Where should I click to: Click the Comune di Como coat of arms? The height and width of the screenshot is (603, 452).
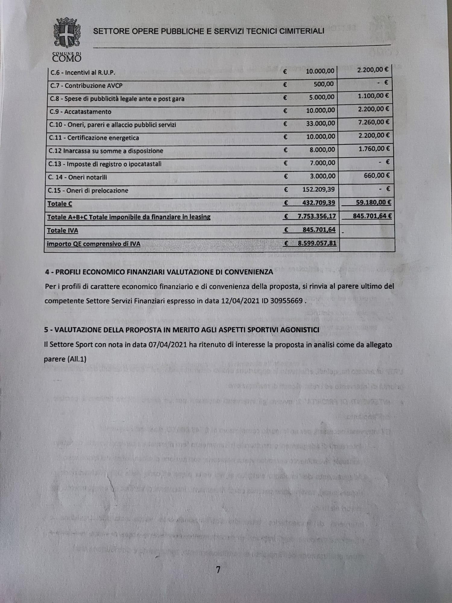[67, 33]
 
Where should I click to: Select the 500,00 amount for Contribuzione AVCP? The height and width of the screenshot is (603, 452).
[323, 84]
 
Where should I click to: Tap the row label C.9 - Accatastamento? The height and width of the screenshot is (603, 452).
[80, 112]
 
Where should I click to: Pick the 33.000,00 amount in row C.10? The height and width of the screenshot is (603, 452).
[320, 123]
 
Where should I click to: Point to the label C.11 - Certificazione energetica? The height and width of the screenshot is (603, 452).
[94, 138]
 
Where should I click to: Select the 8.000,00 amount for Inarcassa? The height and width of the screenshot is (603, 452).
[322, 150]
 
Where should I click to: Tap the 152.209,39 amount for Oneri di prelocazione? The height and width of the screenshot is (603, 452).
[319, 189]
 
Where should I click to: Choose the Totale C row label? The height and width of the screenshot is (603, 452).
[60, 204]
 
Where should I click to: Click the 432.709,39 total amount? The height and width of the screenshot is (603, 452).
[319, 203]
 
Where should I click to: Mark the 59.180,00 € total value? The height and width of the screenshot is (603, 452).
[373, 202]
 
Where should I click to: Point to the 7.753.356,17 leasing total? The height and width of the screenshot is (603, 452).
[316, 216]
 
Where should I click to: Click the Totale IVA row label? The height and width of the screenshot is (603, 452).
[62, 231]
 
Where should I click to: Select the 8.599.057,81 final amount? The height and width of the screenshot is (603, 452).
[317, 243]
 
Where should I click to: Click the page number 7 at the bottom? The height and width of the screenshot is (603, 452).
[218, 570]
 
